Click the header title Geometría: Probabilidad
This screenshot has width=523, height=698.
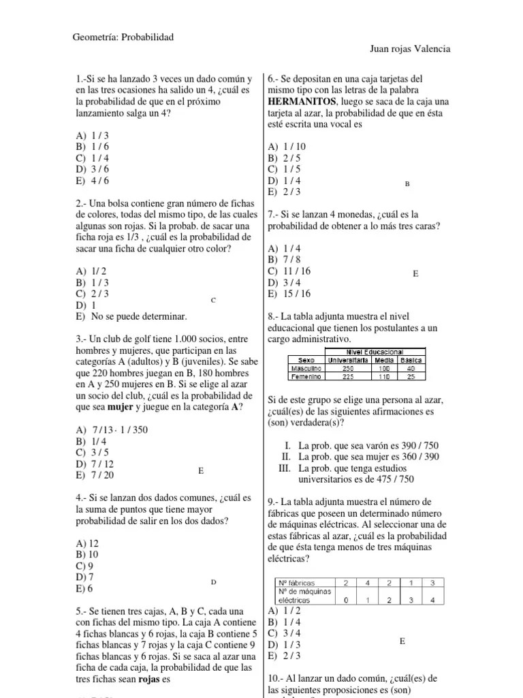click(x=123, y=37)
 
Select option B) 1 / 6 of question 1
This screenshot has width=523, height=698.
click(x=93, y=147)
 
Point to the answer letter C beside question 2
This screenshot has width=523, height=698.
click(x=213, y=300)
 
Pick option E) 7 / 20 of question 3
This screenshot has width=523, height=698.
click(x=95, y=475)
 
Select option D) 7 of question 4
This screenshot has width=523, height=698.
click(x=86, y=577)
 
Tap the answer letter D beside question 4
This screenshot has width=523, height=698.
click(x=213, y=582)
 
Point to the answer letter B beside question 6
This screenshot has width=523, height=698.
click(x=407, y=184)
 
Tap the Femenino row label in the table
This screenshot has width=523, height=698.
click(x=307, y=376)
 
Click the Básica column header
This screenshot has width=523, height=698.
click(x=411, y=359)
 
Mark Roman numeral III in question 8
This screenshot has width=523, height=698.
click(x=285, y=469)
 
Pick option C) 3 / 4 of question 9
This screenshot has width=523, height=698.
click(x=285, y=633)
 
